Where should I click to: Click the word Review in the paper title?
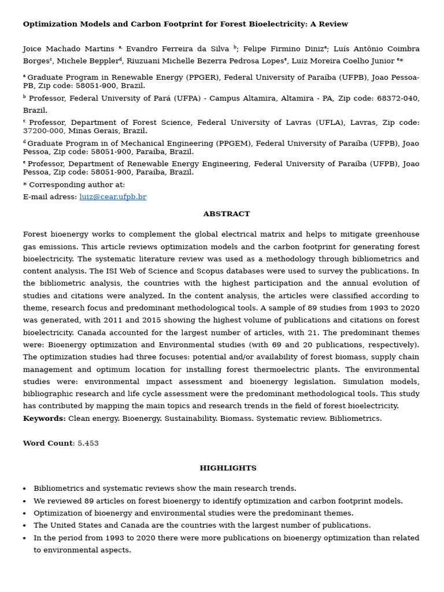(334, 24)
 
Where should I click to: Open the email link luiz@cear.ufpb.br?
(113, 197)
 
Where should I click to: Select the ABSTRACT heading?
(226, 214)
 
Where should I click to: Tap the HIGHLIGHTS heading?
(228, 468)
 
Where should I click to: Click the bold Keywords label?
(44, 419)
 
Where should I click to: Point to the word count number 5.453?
(88, 443)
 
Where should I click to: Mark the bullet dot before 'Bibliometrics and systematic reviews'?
(24, 489)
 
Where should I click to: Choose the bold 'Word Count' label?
(47, 443)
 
